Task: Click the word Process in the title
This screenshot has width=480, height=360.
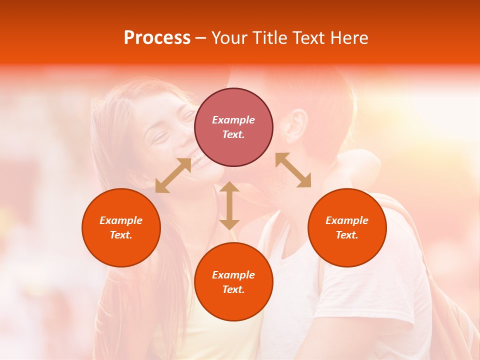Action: click(x=157, y=38)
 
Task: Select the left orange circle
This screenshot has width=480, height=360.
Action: click(x=121, y=227)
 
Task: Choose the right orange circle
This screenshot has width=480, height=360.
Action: click(x=347, y=227)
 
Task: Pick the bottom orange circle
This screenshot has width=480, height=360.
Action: click(x=233, y=281)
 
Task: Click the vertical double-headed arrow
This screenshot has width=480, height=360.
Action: click(x=229, y=205)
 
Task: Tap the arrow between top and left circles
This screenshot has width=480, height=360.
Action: click(x=173, y=175)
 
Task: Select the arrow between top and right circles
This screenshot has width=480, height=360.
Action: click(x=293, y=170)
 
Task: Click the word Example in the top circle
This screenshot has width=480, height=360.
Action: click(x=233, y=120)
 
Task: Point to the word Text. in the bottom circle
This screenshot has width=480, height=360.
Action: click(x=233, y=289)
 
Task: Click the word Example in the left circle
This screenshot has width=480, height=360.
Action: click(x=121, y=220)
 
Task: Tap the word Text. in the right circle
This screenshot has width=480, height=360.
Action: click(x=347, y=235)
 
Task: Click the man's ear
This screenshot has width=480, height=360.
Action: click(x=296, y=126)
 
